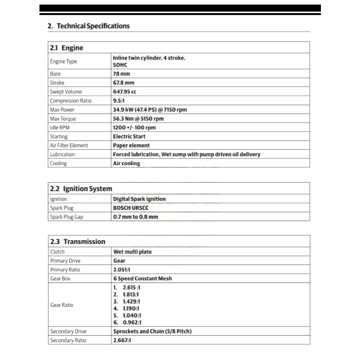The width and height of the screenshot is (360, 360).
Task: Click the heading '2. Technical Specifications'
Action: pyautogui.click(x=88, y=26)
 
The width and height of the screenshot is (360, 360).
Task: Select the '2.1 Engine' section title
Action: pyautogui.click(x=67, y=48)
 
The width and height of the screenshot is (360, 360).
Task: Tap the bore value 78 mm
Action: pyautogui.click(x=121, y=74)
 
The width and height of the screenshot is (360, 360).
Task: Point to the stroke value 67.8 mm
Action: pyautogui.click(x=124, y=83)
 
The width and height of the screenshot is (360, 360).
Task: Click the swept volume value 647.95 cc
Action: pyautogui.click(x=125, y=92)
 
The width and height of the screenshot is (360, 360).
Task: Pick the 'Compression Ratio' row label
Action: pyautogui.click(x=71, y=101)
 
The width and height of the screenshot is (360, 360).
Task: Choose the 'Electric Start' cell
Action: pyautogui.click(x=129, y=136)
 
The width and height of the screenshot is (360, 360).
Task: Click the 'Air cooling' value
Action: pyautogui.click(x=126, y=163)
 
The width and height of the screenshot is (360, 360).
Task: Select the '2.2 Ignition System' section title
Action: pyautogui.click(x=81, y=189)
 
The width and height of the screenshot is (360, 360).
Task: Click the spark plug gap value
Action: pyautogui.click(x=135, y=217)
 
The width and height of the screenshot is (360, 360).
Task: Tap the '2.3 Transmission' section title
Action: pyautogui.click(x=78, y=242)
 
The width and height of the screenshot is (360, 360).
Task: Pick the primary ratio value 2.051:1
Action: pyautogui.click(x=122, y=269)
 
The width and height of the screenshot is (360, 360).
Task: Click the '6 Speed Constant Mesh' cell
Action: pyautogui.click(x=142, y=278)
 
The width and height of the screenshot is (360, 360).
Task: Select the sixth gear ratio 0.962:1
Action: pyautogui.click(x=132, y=322)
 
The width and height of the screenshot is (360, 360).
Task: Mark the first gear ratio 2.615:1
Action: pyautogui.click(x=132, y=287)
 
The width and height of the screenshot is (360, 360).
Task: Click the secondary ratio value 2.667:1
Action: pyautogui.click(x=122, y=340)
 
